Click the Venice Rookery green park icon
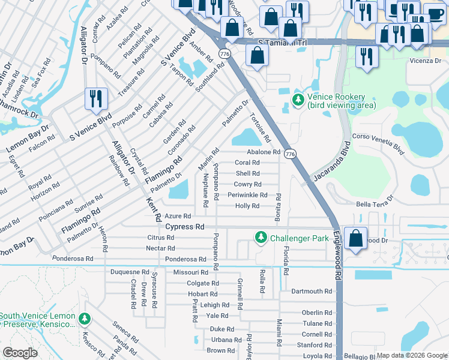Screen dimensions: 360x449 click(297, 100)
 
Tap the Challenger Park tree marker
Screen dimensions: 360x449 click(261, 238)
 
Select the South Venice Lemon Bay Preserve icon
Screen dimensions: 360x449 click(85, 319)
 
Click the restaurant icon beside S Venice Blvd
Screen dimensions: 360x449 click(95, 99)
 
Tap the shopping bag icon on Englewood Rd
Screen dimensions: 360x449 click(356, 238)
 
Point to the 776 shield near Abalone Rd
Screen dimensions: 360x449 click(290, 154)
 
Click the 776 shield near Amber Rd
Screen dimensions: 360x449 click(223, 54)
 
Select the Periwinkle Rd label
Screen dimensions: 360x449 click(247, 195)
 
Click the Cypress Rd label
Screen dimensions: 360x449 click(185, 227)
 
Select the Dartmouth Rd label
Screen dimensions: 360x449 click(312, 291)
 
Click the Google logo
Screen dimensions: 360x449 click(20, 353)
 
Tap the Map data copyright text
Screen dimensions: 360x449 click(412, 355)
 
